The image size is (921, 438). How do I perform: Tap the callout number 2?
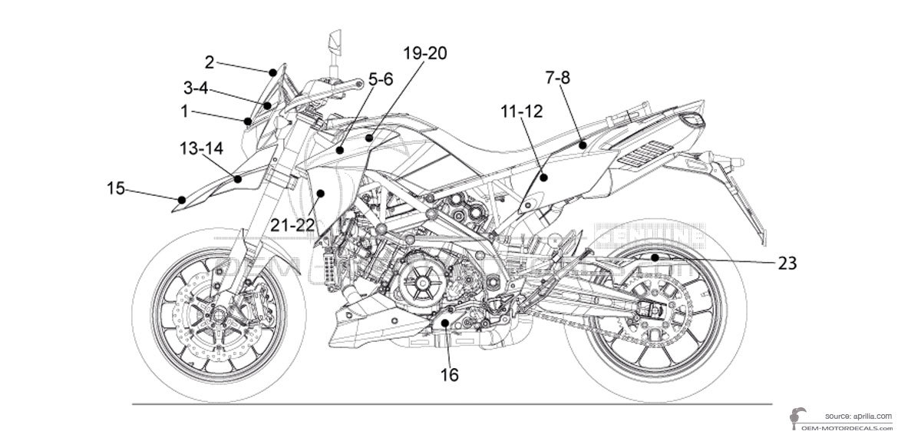(x=209, y=61)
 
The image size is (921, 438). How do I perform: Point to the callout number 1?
(x=185, y=111)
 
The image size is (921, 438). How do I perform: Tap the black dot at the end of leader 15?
(x=181, y=200)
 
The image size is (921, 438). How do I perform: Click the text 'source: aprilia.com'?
(x=858, y=415)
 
